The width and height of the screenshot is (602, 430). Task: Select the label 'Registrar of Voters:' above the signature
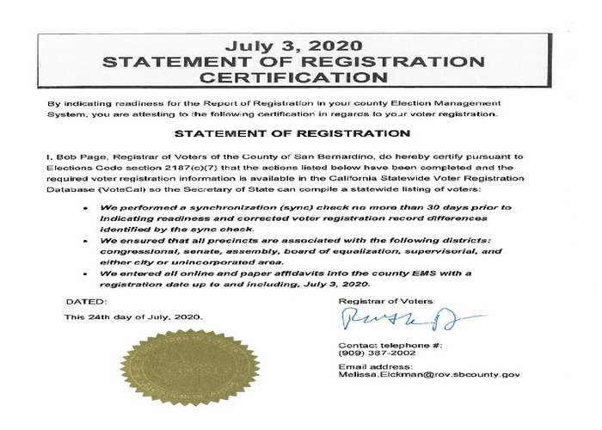tap(388, 301)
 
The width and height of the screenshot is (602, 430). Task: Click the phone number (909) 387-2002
tap(372, 354)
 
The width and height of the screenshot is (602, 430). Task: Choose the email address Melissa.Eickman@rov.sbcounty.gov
tap(430, 376)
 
